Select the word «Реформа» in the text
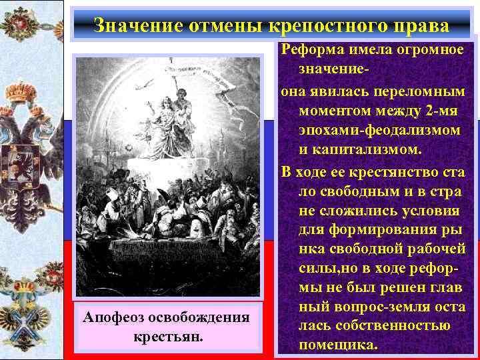309,50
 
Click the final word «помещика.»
339,345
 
